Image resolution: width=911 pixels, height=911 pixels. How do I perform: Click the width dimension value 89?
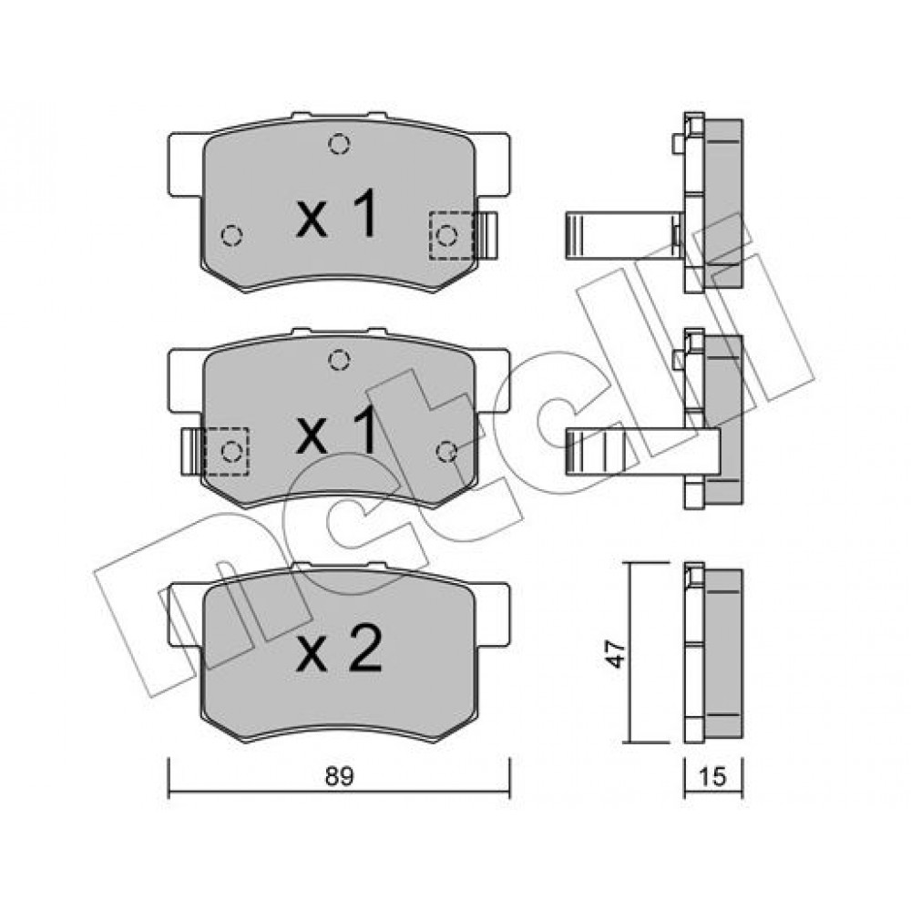pos(339,776)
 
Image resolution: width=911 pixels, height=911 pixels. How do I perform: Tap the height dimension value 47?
pos(617,653)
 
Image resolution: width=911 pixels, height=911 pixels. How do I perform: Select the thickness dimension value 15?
pos(713,776)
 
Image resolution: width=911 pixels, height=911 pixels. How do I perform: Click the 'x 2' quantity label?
pos(339,649)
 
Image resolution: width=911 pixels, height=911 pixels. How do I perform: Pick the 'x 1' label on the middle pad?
pos(337,430)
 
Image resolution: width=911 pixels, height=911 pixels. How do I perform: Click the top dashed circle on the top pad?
pos(339,144)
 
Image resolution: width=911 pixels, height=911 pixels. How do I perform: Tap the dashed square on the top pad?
pos(452,235)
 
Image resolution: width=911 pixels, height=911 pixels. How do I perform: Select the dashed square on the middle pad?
pos(227,452)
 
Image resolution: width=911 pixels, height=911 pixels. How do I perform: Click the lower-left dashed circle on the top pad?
pos(231,235)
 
